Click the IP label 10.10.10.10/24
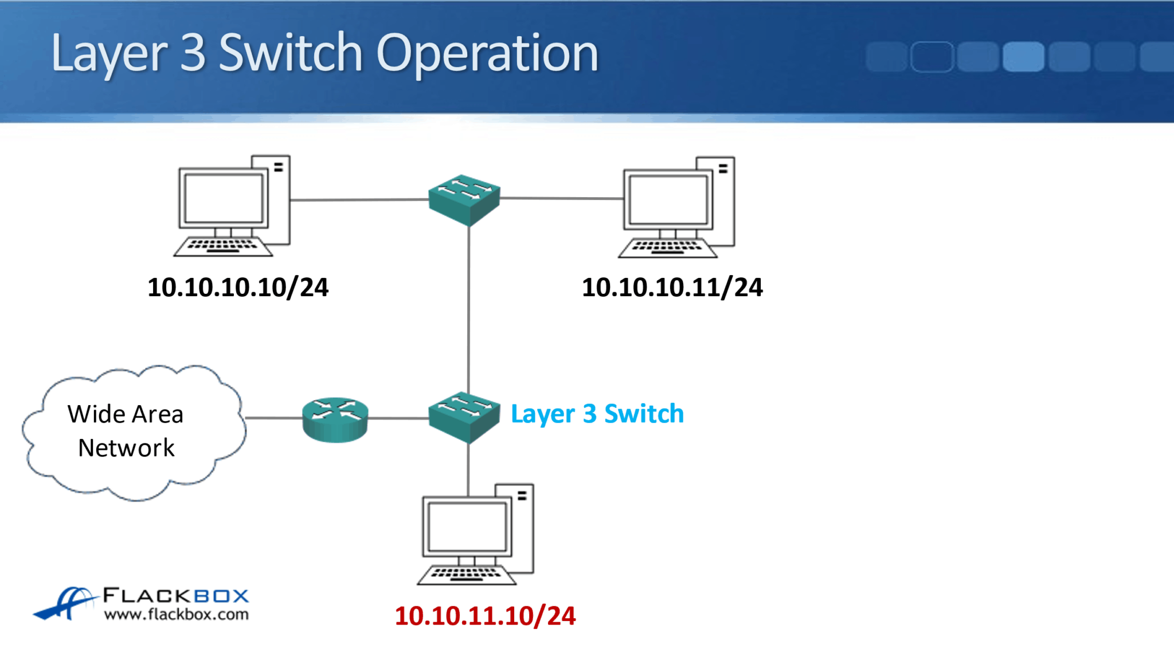pyautogui.click(x=238, y=288)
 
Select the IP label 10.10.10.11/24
pyautogui.click(x=672, y=288)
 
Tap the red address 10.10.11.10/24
pyautogui.click(x=485, y=616)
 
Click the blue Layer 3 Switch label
pyautogui.click(x=597, y=414)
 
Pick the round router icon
pyautogui.click(x=335, y=419)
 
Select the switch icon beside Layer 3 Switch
pyautogui.click(x=464, y=417)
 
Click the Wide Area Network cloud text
pyautogui.click(x=126, y=431)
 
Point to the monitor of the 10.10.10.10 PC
pyautogui.click(x=224, y=198)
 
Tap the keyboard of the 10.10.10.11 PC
pyautogui.click(x=667, y=248)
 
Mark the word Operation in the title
pyautogui.click(x=487, y=53)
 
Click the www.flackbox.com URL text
pyautogui.click(x=177, y=615)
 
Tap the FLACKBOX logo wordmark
pyautogui.click(x=176, y=596)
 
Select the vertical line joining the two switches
pyautogui.click(x=468, y=309)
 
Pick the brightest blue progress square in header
pyautogui.click(x=1023, y=57)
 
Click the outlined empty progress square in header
pyautogui.click(x=932, y=57)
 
